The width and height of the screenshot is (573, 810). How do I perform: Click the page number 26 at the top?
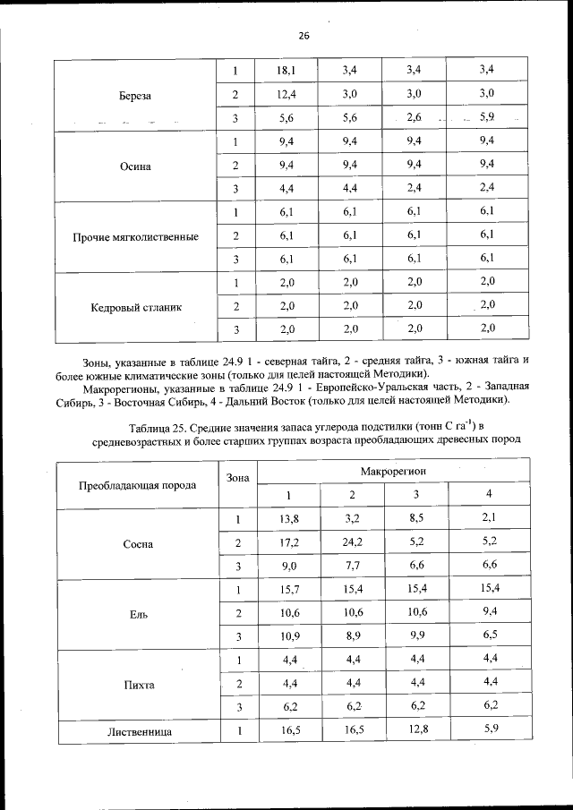click(303, 36)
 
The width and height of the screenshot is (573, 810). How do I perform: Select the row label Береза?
click(135, 94)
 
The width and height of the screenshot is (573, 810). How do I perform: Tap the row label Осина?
click(135, 166)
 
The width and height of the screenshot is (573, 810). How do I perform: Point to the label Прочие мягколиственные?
click(135, 237)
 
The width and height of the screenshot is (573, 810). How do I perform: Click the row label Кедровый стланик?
click(135, 307)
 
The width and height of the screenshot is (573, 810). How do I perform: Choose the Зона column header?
click(237, 478)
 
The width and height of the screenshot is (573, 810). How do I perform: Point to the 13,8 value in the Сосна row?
click(287, 519)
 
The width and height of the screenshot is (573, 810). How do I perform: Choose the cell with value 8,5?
click(415, 519)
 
